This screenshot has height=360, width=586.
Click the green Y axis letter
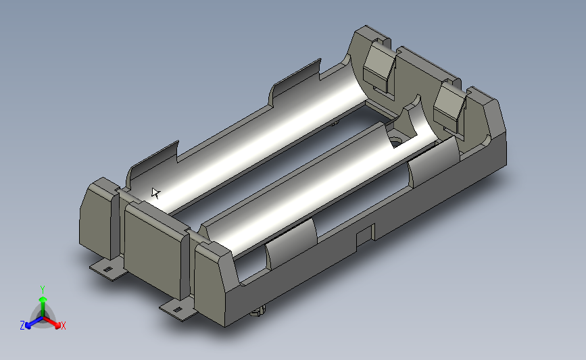[x=42, y=290]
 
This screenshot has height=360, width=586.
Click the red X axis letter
[x=63, y=326]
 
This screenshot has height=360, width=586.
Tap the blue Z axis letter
[x=22, y=326]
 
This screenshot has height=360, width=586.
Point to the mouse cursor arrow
[x=156, y=193]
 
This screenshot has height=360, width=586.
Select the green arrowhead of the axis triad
[x=43, y=300]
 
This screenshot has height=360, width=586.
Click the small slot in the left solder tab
[x=107, y=269]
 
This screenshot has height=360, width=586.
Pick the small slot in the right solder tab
[x=178, y=309]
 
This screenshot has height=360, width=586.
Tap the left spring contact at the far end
[x=379, y=68]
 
